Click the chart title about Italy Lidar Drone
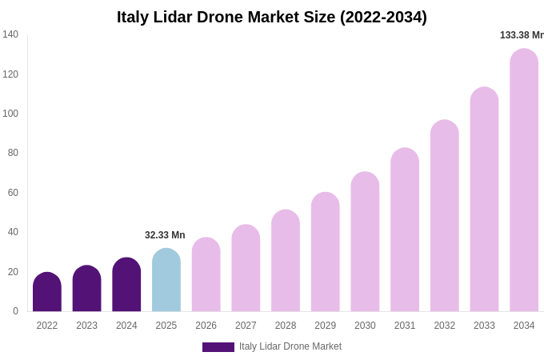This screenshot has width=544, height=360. [272, 17]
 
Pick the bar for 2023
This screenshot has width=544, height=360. [86, 289]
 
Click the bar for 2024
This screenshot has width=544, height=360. [126, 285]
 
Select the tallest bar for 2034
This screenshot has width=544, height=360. [524, 180]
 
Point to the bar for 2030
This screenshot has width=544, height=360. [365, 242]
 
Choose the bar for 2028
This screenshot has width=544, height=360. [286, 261]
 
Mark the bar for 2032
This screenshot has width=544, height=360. [444, 216]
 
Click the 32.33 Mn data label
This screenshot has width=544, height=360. [165, 235]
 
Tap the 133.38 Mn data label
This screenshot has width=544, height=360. [522, 35]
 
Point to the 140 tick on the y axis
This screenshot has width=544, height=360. [10, 34]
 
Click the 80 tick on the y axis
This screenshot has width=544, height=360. [13, 153]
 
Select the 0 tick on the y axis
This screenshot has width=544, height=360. [15, 311]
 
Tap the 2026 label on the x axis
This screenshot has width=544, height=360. [206, 326]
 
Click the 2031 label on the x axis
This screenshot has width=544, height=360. [405, 326]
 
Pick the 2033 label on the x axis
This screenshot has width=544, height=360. [484, 326]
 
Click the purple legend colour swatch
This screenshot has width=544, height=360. [218, 347]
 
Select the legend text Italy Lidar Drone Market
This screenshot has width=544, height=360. [290, 346]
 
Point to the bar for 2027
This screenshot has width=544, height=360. [246, 268]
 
